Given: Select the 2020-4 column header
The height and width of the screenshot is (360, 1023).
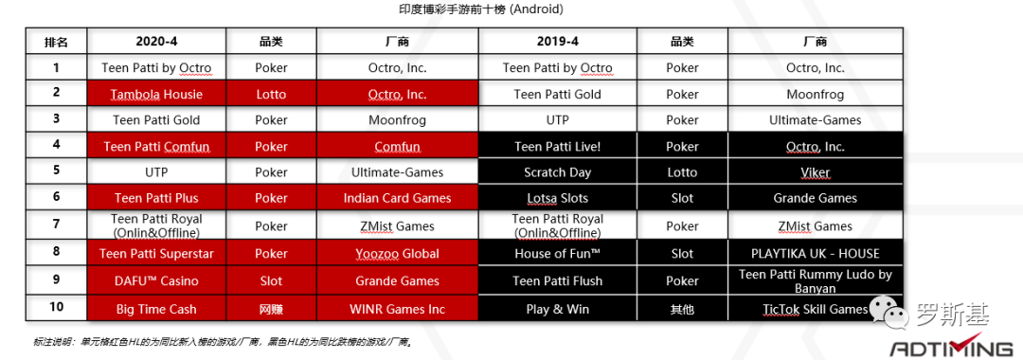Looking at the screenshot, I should point(156,42).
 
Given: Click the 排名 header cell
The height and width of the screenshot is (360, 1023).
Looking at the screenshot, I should point(56,42).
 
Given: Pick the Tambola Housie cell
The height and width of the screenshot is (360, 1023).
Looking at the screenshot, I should point(156,94).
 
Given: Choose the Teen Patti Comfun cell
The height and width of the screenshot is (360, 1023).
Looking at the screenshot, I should point(156,147).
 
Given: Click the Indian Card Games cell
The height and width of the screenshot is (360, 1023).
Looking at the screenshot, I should point(397,198).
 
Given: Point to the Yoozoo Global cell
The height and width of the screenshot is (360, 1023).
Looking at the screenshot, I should point(397,253).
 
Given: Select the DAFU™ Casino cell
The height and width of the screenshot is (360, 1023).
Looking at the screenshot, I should point(156,280).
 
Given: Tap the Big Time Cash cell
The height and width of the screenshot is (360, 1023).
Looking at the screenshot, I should point(156,309).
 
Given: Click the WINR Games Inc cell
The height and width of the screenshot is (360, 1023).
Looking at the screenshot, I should point(397,309).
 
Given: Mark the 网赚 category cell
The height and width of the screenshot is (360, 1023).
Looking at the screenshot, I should point(271,309).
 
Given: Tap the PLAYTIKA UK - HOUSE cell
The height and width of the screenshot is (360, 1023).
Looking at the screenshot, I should point(815,253).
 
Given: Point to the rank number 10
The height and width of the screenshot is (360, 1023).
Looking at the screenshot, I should point(56,309).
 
